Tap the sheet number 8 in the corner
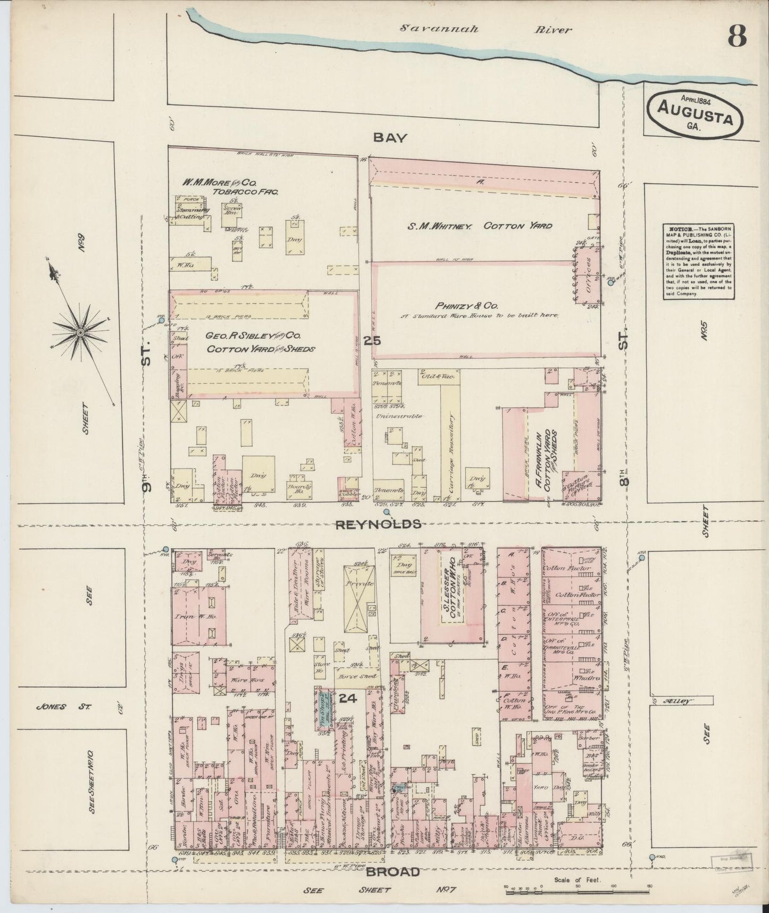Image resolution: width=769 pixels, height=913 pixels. coord(737,36)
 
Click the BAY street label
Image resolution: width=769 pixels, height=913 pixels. coord(390,137)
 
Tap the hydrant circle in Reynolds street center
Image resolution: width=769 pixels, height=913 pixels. coord(386,512)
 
